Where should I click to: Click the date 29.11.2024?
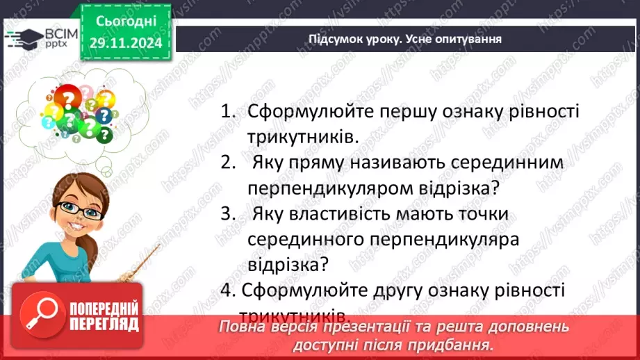pos(126,43)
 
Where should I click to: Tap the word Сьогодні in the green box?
pos(126,23)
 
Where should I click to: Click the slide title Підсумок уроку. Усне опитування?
pos(405,39)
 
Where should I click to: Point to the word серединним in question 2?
pos(500,163)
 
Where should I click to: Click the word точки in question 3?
pos(479,213)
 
